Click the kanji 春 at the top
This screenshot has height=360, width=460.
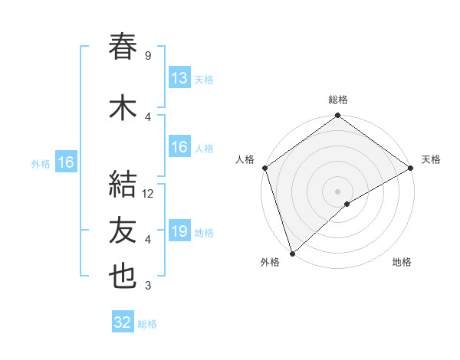(123, 47)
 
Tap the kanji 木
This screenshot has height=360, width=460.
(123, 109)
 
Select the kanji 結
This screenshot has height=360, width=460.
(123, 185)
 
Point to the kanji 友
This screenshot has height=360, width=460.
(123, 231)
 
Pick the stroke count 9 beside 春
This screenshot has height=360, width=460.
(147, 56)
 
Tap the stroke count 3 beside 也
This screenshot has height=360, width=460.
(147, 286)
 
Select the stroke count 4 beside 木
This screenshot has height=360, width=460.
(147, 117)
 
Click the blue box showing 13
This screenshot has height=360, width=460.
(179, 78)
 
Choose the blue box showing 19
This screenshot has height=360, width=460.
(179, 231)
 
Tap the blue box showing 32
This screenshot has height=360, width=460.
(123, 322)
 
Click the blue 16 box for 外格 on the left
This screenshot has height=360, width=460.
(65, 162)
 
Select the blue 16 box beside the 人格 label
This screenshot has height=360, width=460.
(179, 147)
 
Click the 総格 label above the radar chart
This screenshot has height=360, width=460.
(338, 100)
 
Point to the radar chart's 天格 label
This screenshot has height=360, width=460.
(431, 159)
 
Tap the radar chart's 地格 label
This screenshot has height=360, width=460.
(402, 263)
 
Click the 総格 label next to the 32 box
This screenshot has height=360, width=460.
(147, 324)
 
